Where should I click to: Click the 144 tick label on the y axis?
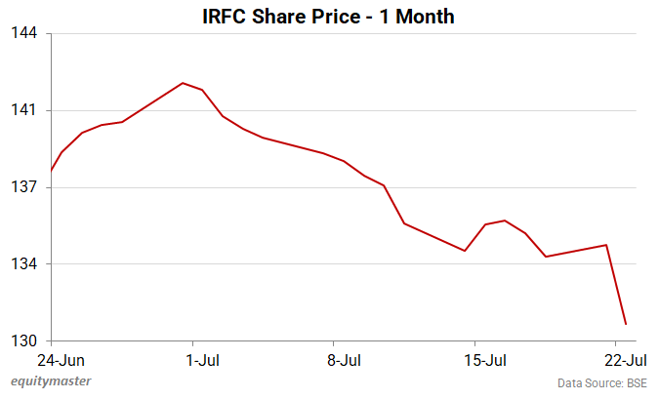(x=24, y=33)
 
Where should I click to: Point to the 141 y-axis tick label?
(x=24, y=110)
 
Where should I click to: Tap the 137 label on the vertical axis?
(x=24, y=187)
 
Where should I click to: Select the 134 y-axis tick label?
(x=24, y=264)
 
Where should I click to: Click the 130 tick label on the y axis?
(x=24, y=341)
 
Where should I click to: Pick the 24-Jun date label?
(x=50, y=360)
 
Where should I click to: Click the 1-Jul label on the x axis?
(x=202, y=360)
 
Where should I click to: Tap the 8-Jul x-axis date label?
(x=343, y=360)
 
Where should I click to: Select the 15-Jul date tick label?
(x=483, y=360)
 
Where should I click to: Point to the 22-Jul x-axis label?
(x=625, y=360)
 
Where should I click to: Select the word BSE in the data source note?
(x=637, y=382)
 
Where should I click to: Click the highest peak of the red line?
(x=183, y=83)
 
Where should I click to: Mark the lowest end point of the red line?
(x=626, y=324)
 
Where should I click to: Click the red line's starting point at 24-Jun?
(x=51, y=172)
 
